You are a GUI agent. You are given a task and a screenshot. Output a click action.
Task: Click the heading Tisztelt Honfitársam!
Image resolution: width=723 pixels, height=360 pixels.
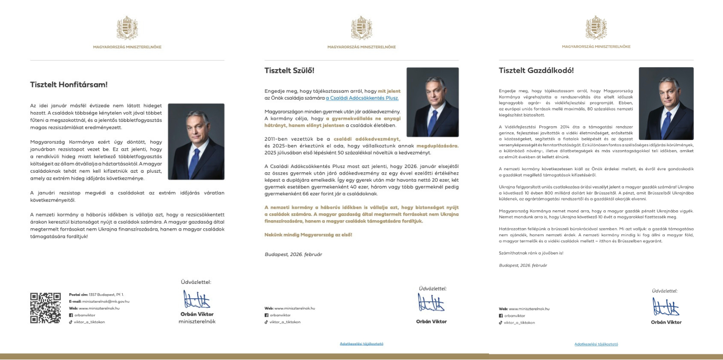[x=69, y=85]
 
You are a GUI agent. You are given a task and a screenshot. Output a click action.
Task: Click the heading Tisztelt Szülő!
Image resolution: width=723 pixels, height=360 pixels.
[x=289, y=71]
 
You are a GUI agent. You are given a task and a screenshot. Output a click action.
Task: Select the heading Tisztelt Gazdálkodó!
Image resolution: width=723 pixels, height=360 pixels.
[x=536, y=71]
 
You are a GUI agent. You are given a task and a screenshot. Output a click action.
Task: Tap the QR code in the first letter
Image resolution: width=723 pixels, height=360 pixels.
[x=46, y=308]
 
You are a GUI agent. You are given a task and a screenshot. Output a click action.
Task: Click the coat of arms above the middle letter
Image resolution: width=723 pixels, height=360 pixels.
[x=361, y=28]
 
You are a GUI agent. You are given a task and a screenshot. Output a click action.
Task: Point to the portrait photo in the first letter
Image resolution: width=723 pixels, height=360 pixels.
[x=196, y=142]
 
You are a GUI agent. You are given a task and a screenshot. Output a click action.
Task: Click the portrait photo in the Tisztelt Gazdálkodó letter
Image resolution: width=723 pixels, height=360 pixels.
[x=666, y=104]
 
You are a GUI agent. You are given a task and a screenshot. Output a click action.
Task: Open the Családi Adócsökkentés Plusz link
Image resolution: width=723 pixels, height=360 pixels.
[x=362, y=98]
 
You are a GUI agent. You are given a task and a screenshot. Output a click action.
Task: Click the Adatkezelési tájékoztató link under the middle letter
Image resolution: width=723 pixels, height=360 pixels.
[x=361, y=344]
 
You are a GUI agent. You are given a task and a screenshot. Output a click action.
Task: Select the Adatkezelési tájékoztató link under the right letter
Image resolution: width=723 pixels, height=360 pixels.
[x=596, y=344]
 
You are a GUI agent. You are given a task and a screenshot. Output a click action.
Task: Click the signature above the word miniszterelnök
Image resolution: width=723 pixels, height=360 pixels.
[x=197, y=300]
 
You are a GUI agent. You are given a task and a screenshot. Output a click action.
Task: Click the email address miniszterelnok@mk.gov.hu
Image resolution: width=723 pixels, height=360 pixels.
[x=105, y=301]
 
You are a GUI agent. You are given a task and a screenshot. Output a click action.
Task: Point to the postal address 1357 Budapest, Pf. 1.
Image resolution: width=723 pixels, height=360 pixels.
[x=106, y=295]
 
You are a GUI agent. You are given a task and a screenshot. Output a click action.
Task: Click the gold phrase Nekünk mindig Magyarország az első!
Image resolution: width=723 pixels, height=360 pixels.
[x=308, y=234]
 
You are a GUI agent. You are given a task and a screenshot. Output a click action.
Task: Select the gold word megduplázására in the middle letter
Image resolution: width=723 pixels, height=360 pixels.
[x=437, y=146]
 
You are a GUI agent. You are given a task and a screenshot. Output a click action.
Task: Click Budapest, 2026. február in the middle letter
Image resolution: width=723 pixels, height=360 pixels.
[x=293, y=254]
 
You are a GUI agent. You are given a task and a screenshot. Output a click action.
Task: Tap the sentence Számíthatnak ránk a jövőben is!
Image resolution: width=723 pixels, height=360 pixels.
[x=531, y=253]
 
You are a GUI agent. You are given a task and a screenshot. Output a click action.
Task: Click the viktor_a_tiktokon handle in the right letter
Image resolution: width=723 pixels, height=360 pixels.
[x=520, y=323]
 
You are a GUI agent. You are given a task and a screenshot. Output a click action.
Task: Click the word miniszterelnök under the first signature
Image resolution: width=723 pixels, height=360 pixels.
[x=197, y=321]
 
